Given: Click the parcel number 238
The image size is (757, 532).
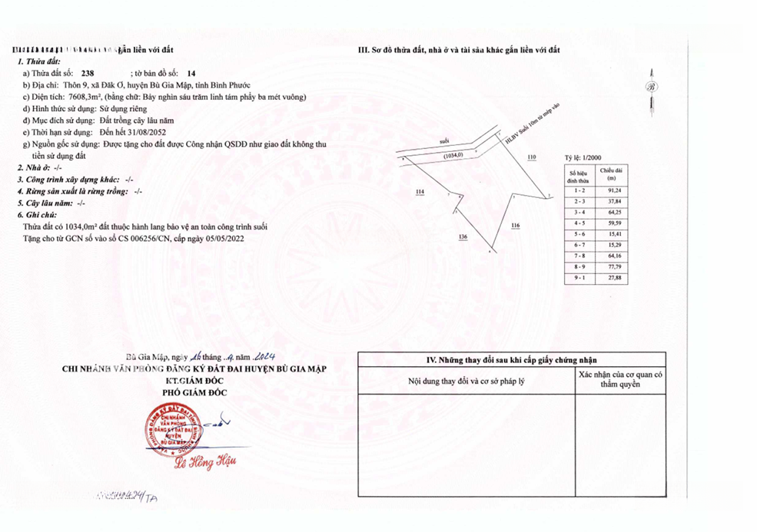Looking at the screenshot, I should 97,74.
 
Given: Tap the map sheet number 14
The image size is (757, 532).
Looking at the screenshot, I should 181,74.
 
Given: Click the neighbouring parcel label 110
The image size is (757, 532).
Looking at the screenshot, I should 532,157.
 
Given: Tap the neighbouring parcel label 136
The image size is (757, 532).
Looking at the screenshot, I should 462,236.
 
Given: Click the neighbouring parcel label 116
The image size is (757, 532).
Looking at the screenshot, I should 515,225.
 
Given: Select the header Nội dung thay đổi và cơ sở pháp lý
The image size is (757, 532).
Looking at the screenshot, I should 466,381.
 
